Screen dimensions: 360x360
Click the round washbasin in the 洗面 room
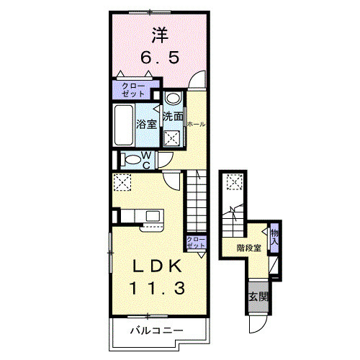click(173, 99)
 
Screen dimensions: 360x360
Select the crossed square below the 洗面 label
click(173, 139)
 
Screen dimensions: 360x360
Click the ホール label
click(196, 124)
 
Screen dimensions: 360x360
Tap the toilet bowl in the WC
click(132, 160)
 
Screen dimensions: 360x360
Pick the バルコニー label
click(156, 332)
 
